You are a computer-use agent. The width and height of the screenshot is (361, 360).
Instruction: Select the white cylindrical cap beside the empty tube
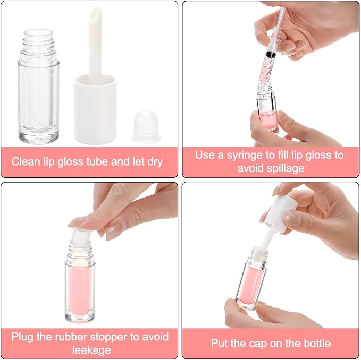(x=95, y=109)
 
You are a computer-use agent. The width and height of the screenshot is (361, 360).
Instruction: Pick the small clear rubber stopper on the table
(x=146, y=126)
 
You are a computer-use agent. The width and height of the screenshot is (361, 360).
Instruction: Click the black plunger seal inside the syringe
(x=271, y=55)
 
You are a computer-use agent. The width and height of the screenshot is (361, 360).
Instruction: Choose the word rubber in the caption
(x=71, y=337)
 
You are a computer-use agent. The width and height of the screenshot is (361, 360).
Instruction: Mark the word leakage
(x=91, y=350)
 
